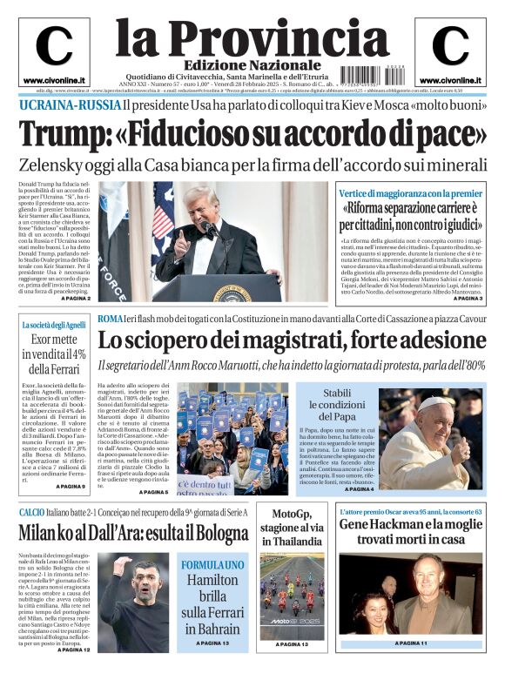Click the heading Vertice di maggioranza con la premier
click(410, 193)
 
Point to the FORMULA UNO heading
click(212, 565)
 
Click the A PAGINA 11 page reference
click(410, 643)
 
